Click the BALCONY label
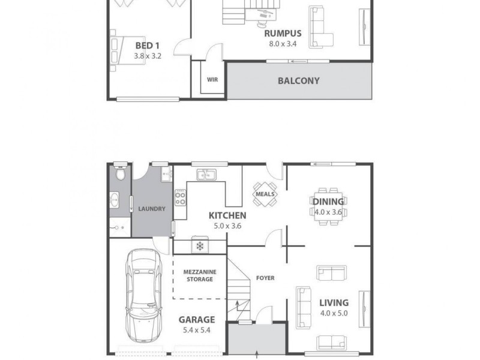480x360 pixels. click(298, 80)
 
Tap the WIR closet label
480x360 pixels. click(212, 79)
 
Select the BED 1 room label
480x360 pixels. click(147, 46)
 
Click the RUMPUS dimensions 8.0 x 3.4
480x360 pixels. click(283, 44)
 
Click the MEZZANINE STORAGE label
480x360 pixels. click(199, 275)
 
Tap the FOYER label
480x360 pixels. click(265, 278)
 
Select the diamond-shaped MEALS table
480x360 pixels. click(265, 194)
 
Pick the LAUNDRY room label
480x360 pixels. click(151, 209)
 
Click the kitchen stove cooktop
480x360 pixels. click(181, 197)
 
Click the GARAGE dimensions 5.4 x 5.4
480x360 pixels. click(196, 330)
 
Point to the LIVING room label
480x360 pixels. click(334, 302)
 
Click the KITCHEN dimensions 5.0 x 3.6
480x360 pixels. click(227, 226)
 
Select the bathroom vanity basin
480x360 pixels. click(115, 199)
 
